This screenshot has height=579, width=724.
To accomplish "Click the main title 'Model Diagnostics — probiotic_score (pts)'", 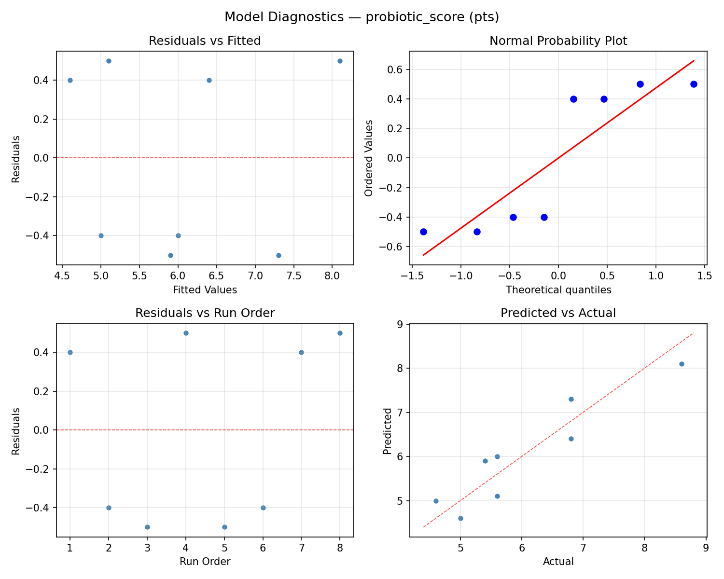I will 362,17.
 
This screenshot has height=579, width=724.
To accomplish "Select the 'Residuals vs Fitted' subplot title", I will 205,41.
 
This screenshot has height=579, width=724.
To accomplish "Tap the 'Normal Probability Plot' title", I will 558,41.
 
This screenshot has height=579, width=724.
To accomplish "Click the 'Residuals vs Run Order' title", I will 205,313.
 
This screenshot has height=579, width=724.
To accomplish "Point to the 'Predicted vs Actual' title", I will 558,313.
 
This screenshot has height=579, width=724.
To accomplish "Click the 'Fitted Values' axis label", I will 205,290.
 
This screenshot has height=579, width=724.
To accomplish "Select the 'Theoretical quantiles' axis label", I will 558,290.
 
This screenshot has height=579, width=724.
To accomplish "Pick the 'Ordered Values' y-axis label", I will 369,158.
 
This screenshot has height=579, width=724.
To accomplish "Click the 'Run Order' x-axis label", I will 205,562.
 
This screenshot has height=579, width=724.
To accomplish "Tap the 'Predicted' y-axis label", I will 387,430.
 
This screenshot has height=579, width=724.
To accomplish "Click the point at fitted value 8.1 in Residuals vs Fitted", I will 340,61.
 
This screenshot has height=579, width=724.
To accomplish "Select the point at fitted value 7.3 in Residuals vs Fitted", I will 278,255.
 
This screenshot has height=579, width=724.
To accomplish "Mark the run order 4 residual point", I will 186,333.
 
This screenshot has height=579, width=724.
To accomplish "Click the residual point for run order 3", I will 147,527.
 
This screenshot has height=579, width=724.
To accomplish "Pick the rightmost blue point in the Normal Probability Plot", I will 694,84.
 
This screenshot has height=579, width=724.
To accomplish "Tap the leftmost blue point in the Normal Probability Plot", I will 423,232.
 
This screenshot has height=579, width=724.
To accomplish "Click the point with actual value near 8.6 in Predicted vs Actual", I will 682,364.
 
